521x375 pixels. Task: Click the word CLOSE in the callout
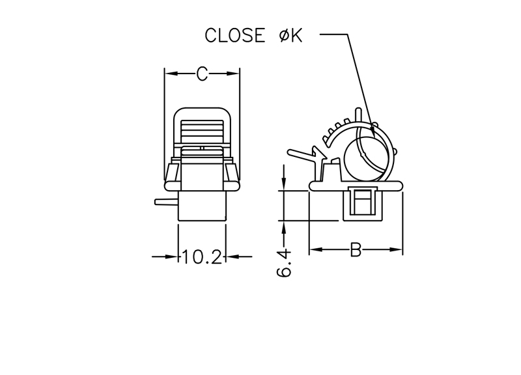235,35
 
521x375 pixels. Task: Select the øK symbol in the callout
290,35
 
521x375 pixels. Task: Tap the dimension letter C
202,74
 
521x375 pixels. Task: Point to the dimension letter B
356,250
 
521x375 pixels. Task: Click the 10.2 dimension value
202,257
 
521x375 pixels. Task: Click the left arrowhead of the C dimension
172,74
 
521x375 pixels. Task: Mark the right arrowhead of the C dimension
232,74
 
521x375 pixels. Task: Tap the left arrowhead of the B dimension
317,249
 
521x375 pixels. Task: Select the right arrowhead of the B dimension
395,249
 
